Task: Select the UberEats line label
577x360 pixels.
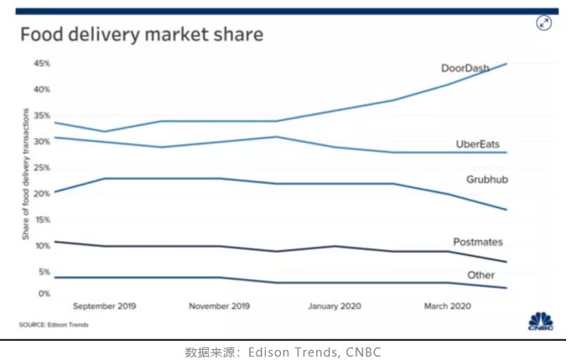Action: pos(477,144)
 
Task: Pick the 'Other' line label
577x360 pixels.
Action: pos(481,275)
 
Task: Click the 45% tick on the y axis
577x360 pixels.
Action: pos(41,64)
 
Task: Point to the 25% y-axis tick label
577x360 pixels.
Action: pos(41,168)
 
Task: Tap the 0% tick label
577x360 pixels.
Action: pos(44,293)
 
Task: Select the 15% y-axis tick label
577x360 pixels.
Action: pos(41,220)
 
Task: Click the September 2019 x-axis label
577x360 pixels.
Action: pos(104,306)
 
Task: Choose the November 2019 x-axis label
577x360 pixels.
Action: pos(220,306)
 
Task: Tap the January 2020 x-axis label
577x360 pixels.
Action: pos(336,306)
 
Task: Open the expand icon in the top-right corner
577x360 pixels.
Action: pos(544,23)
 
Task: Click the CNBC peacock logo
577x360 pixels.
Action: pos(540,321)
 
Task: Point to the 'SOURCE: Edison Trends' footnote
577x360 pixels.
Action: pos(54,325)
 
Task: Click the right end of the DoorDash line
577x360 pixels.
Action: pos(507,64)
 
